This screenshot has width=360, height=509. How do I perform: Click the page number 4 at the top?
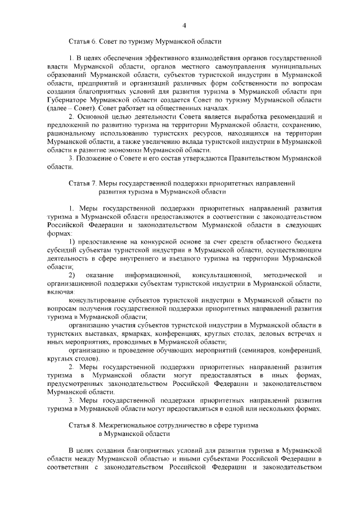(184, 24)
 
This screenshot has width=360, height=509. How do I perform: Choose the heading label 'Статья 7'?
(83, 183)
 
